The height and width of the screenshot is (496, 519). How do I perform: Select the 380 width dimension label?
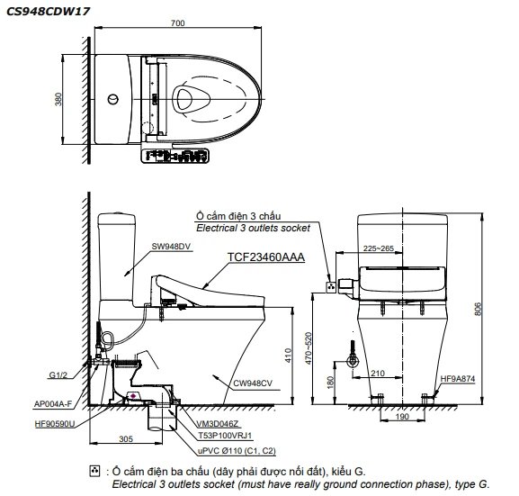coord(59,98)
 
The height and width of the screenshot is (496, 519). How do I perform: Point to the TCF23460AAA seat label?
coord(267,257)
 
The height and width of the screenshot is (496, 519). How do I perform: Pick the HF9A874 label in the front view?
coord(457,379)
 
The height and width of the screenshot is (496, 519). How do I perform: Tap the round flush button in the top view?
coord(112,98)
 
